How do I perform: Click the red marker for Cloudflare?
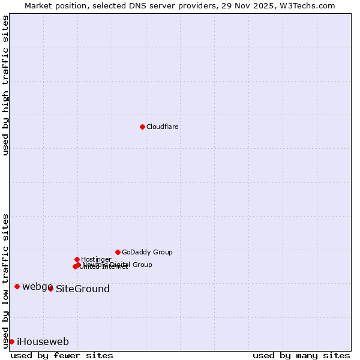[142, 127]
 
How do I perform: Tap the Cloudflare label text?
[163, 127]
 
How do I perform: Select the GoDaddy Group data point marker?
[118, 252]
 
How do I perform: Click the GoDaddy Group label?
[147, 253]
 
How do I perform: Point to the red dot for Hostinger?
[77, 259]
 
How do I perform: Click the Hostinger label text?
[96, 260]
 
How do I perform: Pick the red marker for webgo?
[17, 286]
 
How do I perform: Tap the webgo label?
[37, 287]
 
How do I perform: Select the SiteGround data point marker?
[50, 289]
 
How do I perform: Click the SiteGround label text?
[83, 289]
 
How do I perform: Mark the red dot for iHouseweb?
[11, 341]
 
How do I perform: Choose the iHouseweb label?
[43, 342]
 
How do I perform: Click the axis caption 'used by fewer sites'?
[62, 356]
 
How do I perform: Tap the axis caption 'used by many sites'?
[301, 356]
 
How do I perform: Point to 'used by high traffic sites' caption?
[6, 86]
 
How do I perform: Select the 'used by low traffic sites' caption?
[6, 281]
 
